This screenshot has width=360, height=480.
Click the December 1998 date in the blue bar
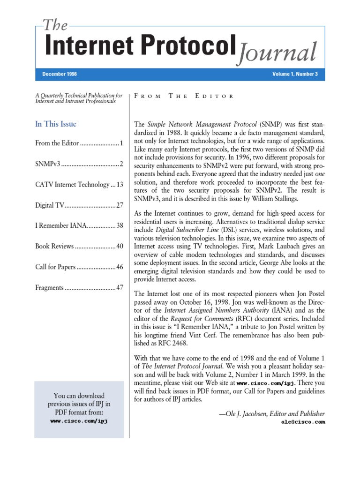coord(60,75)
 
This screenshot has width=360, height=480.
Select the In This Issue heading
coord(56,124)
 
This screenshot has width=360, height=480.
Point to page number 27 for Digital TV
coord(120,205)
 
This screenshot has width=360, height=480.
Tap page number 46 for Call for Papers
coord(120,267)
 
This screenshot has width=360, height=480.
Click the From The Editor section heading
coord(184,96)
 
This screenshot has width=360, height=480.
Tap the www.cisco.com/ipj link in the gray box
coord(79,421)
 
